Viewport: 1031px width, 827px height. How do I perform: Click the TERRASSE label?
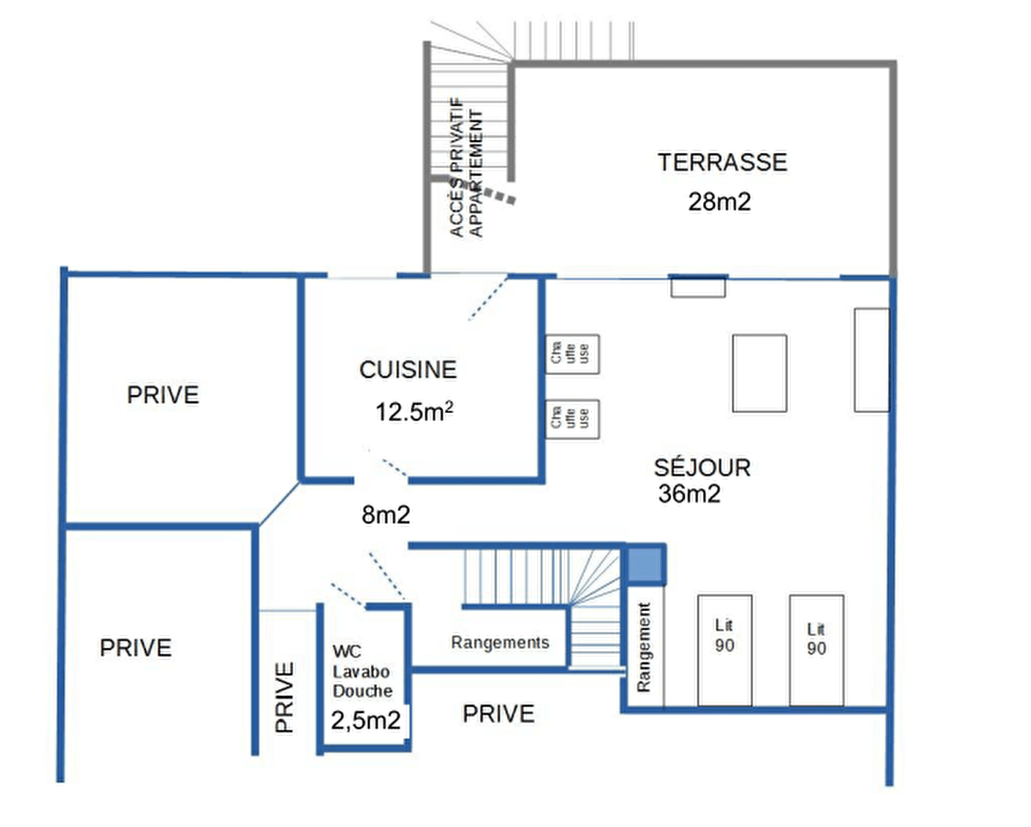click(x=722, y=162)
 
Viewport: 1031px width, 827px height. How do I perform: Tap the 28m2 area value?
click(x=720, y=202)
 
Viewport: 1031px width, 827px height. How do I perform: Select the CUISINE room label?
click(x=408, y=370)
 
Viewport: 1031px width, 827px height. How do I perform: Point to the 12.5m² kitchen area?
click(x=415, y=412)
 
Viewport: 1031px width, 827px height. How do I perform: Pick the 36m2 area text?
click(x=689, y=494)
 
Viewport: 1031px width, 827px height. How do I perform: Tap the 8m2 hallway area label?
click(x=386, y=515)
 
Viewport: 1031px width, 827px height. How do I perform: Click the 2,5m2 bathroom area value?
click(x=366, y=721)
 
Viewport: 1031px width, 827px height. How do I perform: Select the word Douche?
click(x=362, y=691)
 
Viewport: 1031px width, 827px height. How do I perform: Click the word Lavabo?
click(x=361, y=672)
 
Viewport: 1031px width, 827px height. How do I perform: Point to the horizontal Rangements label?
click(x=500, y=643)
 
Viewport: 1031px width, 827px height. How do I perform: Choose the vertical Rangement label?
click(x=643, y=647)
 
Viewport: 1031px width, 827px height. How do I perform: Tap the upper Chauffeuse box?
click(x=573, y=355)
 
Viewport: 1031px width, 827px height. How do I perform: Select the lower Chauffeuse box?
click(x=573, y=419)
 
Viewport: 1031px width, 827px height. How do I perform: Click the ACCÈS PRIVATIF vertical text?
click(x=458, y=167)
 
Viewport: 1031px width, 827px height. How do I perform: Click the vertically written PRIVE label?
click(x=284, y=697)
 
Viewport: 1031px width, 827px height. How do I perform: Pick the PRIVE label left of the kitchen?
click(x=163, y=395)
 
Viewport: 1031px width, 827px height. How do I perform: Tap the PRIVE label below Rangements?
click(x=498, y=714)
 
